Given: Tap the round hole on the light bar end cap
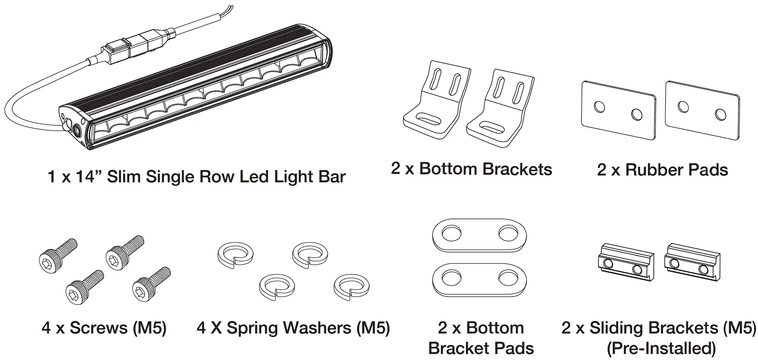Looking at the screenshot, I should pyautogui.click(x=77, y=131).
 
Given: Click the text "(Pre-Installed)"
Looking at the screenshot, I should pyautogui.click(x=661, y=348).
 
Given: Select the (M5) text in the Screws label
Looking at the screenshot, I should pyautogui.click(x=149, y=328).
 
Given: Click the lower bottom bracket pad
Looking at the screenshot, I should pyautogui.click(x=479, y=281).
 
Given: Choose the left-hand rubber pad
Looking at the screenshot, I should pyautogui.click(x=618, y=110).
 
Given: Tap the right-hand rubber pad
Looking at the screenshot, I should pyautogui.click(x=702, y=110).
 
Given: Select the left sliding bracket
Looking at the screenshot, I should pyautogui.click(x=625, y=263).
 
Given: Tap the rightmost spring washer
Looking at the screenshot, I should pyautogui.click(x=351, y=287).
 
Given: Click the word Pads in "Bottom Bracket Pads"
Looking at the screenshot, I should pyautogui.click(x=514, y=348).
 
